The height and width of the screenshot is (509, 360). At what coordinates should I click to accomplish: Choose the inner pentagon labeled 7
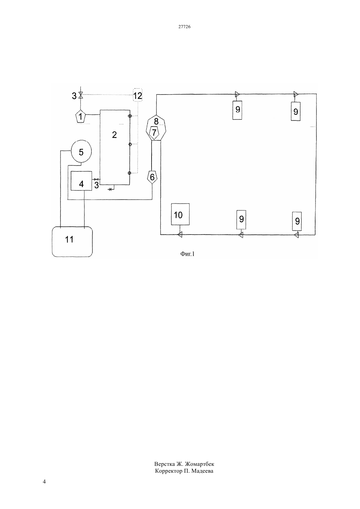pos(154,132)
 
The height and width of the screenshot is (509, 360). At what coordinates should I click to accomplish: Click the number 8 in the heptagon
pos(156,121)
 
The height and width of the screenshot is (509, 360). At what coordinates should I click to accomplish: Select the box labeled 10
pos(180,214)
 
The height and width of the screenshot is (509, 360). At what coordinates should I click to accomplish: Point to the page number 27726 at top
pos(184,26)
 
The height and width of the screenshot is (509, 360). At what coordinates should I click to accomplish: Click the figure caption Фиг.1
pos(188,254)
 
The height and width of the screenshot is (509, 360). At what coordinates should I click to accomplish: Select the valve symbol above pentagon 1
pos(81,95)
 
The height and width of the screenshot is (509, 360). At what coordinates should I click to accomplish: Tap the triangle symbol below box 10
pos(180,235)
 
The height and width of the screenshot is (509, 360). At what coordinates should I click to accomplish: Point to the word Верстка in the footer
pos(165,464)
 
